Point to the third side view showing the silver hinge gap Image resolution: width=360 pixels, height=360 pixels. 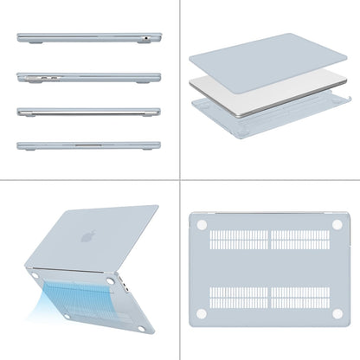coord(88,112)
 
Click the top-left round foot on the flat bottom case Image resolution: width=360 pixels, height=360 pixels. coord(202,223)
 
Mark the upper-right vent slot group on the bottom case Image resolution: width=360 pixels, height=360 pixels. coord(300,240)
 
